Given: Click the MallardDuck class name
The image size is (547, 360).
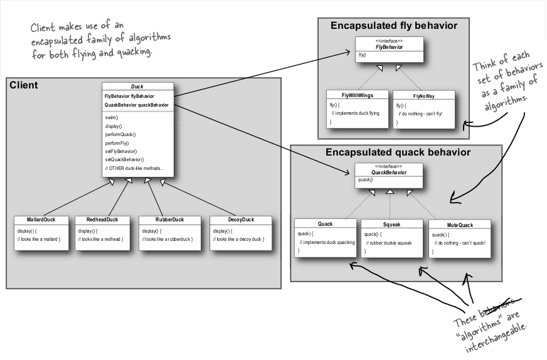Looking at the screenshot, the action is pyautogui.click(x=41, y=220).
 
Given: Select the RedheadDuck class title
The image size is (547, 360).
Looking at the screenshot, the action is pyautogui.click(x=102, y=220).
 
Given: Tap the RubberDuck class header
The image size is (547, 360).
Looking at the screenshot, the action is pyautogui.click(x=169, y=220).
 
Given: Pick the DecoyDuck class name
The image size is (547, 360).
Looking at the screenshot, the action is pyautogui.click(x=241, y=220).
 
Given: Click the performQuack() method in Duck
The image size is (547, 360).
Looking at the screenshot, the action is pyautogui.click(x=120, y=135).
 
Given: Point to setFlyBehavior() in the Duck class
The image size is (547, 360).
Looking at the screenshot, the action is pyautogui.click(x=121, y=151).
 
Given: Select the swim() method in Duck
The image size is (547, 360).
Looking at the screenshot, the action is pyautogui.click(x=112, y=117).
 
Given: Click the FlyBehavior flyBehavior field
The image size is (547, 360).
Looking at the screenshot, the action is pyautogui.click(x=129, y=97).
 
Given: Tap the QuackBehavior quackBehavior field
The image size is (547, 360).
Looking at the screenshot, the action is pyautogui.click(x=136, y=105).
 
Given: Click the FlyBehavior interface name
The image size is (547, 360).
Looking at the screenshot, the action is pyautogui.click(x=390, y=47).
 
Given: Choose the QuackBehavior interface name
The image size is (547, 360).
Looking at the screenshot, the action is pyautogui.click(x=389, y=172).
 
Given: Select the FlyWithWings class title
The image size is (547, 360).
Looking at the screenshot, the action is pyautogui.click(x=357, y=95).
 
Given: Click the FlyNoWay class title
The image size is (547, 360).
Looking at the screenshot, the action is pyautogui.click(x=424, y=97).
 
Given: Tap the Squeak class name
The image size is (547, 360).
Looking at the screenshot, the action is pyautogui.click(x=392, y=225).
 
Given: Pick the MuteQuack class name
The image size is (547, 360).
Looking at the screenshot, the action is pyautogui.click(x=460, y=225).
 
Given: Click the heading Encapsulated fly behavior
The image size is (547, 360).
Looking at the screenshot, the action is pyautogui.click(x=394, y=26).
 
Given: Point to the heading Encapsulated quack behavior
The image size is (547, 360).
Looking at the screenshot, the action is pyautogui.click(x=398, y=152).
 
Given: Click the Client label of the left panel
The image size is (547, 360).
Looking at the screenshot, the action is pyautogui.click(x=24, y=85).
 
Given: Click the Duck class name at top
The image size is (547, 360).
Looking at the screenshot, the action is pyautogui.click(x=137, y=87).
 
